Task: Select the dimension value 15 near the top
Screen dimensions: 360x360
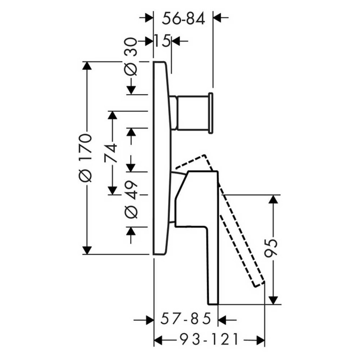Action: [162, 41]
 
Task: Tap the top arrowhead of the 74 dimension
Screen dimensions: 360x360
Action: [112, 117]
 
